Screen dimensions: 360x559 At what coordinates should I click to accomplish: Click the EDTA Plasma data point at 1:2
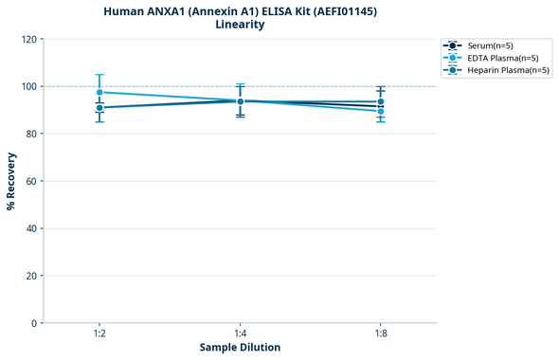click(x=99, y=92)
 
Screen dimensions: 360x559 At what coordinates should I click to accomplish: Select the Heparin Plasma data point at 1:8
click(x=380, y=101)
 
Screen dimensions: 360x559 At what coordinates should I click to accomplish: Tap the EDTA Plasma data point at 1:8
click(x=380, y=112)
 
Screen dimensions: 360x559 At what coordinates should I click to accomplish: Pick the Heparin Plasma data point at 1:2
click(x=99, y=107)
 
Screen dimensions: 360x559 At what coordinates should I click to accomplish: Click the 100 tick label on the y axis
click(x=29, y=86)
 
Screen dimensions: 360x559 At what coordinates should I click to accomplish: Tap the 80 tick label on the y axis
click(x=32, y=134)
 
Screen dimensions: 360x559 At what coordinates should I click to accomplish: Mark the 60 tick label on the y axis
click(x=32, y=181)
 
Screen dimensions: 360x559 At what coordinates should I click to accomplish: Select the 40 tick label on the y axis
click(x=32, y=228)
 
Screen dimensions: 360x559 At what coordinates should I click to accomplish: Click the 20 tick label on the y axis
click(x=32, y=276)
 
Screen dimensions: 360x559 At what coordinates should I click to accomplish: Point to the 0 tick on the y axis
click(x=35, y=323)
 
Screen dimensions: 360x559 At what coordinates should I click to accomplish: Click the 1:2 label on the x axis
click(x=99, y=334)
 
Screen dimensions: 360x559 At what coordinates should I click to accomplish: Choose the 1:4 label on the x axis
click(x=240, y=334)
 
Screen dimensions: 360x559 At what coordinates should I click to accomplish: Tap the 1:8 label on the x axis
click(x=380, y=334)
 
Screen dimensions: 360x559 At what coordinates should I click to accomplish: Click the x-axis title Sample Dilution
click(x=240, y=348)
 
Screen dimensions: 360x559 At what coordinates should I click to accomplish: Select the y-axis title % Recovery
click(x=11, y=181)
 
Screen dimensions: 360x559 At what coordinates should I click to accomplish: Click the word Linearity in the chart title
click(x=240, y=25)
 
